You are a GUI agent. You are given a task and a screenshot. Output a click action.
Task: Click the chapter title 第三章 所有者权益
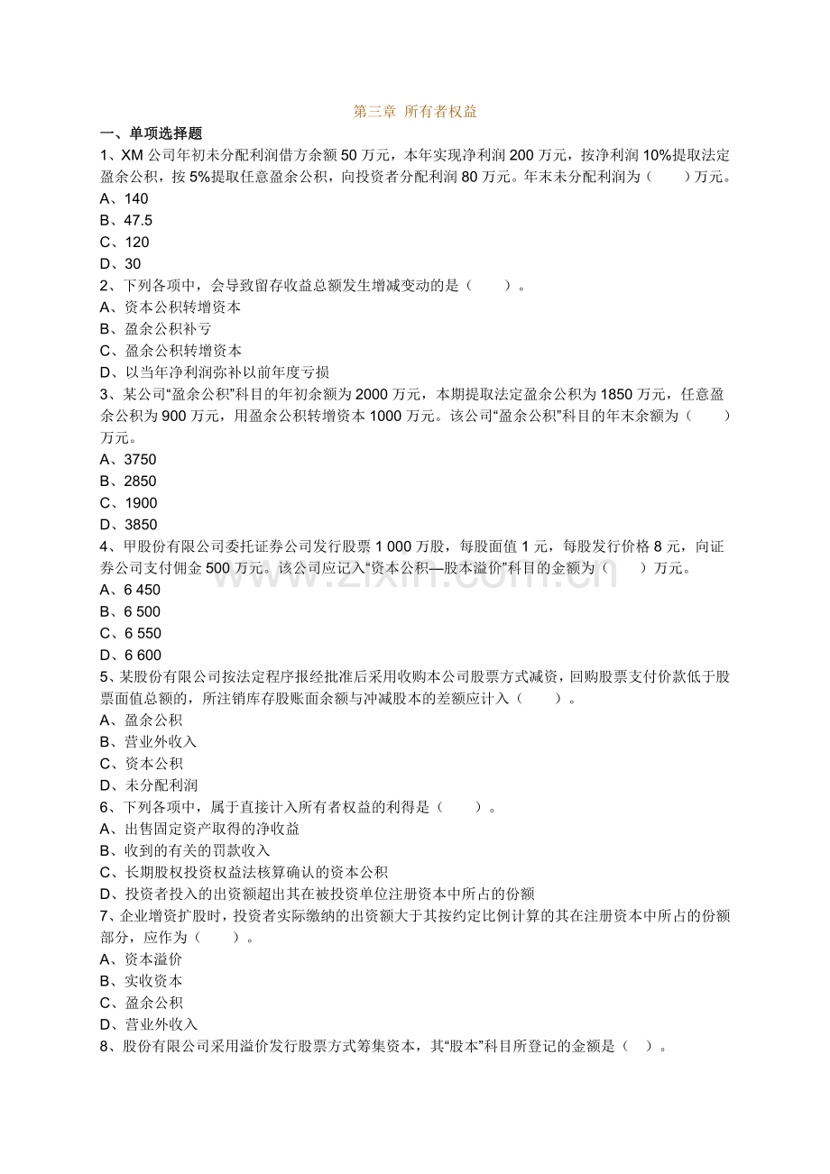point(415,112)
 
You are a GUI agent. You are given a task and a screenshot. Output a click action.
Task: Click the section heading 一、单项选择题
point(151,133)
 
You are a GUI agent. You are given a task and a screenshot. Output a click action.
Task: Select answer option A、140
point(124,198)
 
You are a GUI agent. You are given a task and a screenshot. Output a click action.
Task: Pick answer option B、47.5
point(126,220)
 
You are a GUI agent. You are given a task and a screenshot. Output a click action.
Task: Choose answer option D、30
point(121,264)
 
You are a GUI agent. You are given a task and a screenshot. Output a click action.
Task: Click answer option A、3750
point(128,460)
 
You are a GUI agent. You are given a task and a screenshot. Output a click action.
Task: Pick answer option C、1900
point(128,503)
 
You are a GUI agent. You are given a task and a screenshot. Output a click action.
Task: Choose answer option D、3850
point(128,525)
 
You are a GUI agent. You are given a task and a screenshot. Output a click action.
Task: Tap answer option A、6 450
point(130,591)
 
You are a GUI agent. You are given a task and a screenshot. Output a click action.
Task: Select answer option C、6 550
point(130,634)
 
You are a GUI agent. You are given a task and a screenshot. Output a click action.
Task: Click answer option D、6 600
point(130,656)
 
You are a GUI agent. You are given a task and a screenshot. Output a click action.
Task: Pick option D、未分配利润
point(148,785)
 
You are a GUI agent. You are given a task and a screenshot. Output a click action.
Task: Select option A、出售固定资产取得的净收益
point(199,829)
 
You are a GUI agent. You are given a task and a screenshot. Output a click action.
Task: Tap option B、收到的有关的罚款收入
point(185,850)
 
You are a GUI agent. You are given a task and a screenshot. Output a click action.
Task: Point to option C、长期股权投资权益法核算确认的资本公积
point(244,872)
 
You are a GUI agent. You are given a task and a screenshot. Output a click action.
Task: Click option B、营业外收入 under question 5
point(148,742)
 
